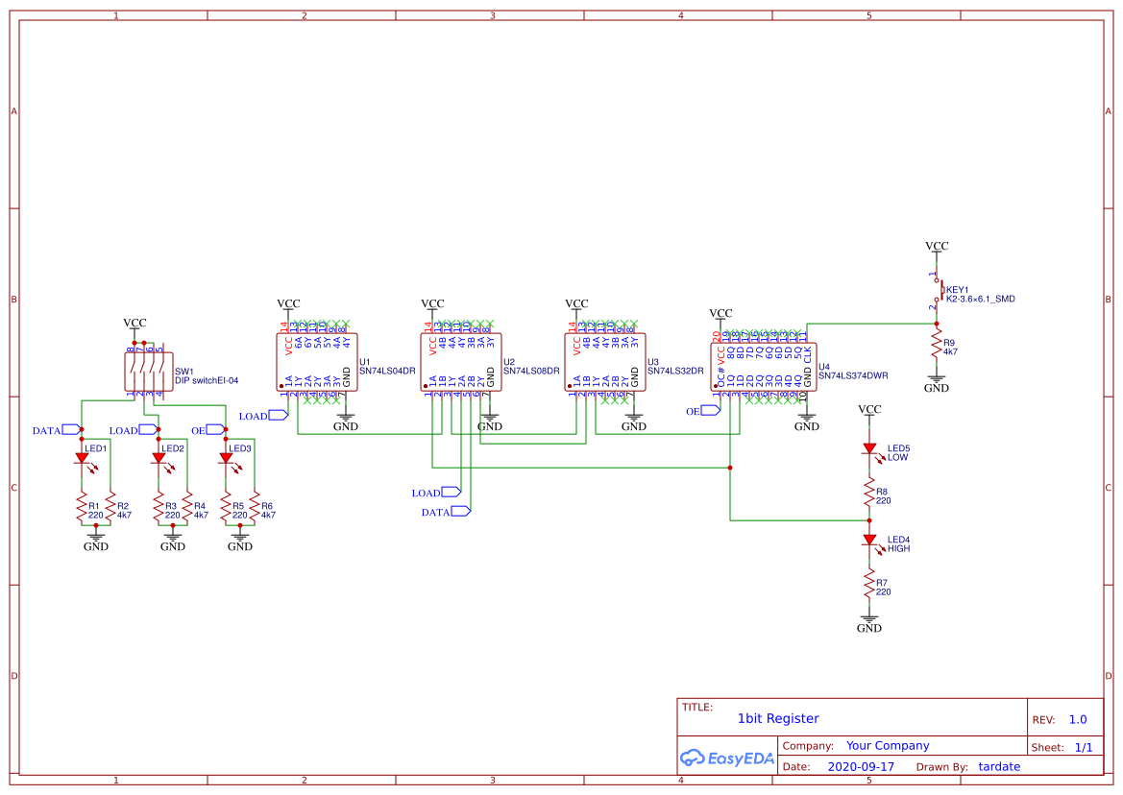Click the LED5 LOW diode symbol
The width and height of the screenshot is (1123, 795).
tap(869, 448)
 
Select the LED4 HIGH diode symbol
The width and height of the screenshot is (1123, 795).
tap(869, 540)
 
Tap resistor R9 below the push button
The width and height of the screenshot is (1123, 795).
tap(937, 347)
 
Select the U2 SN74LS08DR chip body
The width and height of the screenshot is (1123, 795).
tap(461, 362)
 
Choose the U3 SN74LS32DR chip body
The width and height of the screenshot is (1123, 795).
tap(604, 362)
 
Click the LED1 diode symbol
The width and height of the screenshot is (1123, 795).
tap(82, 459)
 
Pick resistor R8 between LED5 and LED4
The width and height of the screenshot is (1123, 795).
tap(869, 494)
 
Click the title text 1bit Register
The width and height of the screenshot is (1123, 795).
tap(778, 718)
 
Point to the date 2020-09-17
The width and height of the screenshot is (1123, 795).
tap(861, 767)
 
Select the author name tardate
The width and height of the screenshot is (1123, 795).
tap(999, 767)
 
